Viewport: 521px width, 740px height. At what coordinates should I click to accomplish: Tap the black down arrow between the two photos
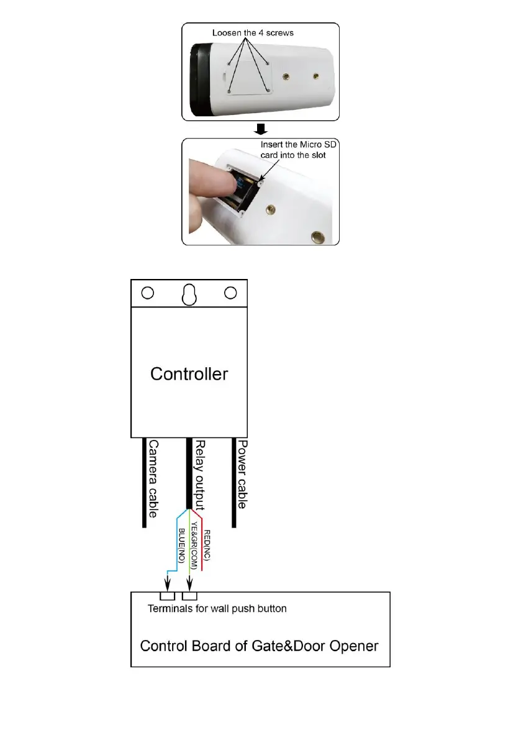261,129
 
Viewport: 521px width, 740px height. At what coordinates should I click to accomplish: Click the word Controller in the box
189,374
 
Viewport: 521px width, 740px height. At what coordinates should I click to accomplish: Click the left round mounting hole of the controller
148,292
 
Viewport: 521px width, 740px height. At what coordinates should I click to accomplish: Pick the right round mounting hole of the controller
230,292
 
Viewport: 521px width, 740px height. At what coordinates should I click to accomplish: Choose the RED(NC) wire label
207,544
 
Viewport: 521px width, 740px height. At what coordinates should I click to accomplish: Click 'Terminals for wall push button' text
217,608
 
